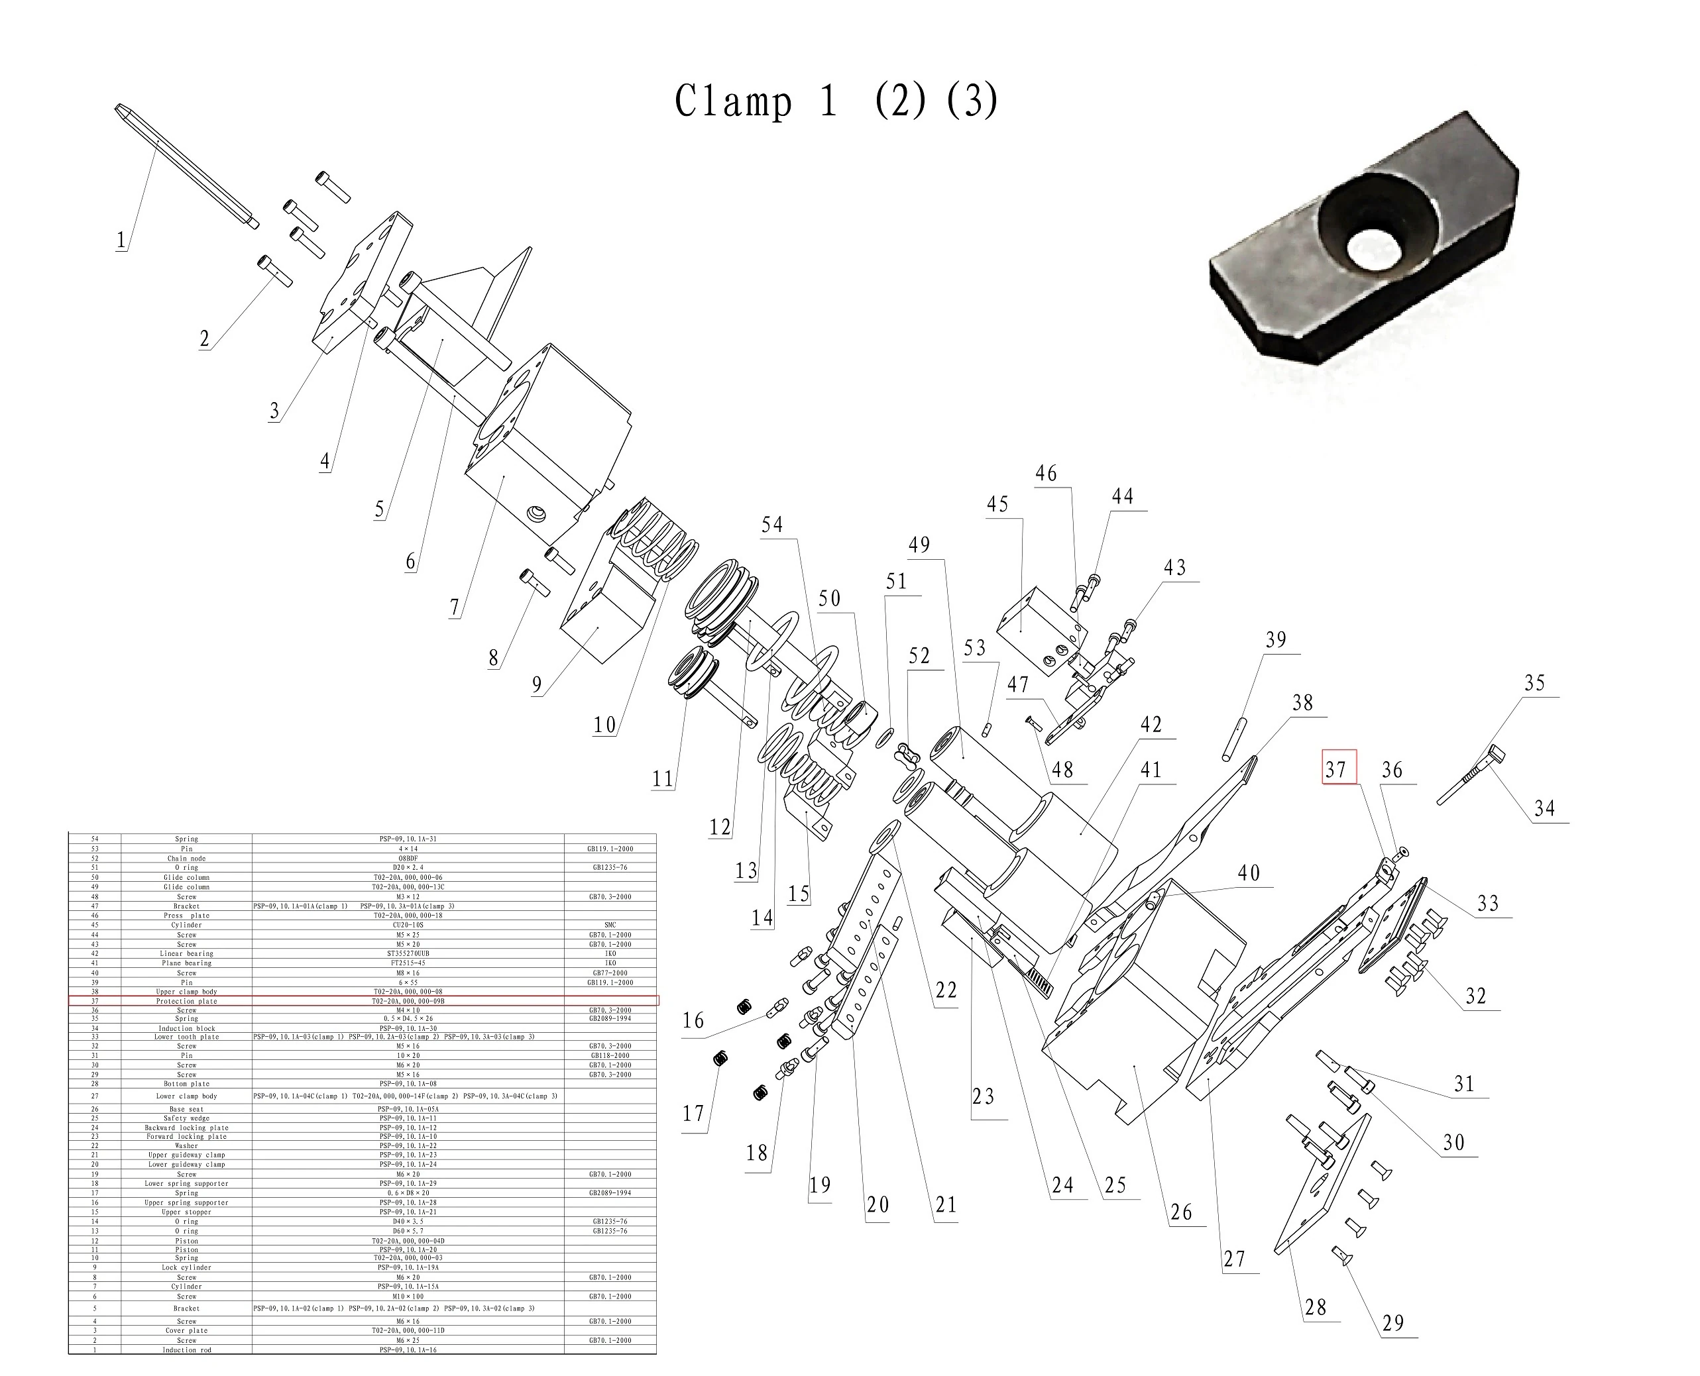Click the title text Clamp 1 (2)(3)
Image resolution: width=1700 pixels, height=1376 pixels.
[836, 101]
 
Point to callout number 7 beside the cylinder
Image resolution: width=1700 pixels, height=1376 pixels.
[455, 607]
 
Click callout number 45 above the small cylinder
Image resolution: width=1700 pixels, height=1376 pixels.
[997, 504]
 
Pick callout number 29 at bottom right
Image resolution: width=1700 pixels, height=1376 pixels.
[1393, 1323]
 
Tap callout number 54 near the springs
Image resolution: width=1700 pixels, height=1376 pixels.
[771, 525]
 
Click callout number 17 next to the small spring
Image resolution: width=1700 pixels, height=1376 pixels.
[693, 1114]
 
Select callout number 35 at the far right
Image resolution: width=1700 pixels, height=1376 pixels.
[1534, 683]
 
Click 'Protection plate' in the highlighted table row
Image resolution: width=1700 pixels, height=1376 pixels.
[186, 1001]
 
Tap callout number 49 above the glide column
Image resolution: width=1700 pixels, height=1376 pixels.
[919, 545]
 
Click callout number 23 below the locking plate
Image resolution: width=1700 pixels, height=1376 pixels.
[983, 1096]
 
